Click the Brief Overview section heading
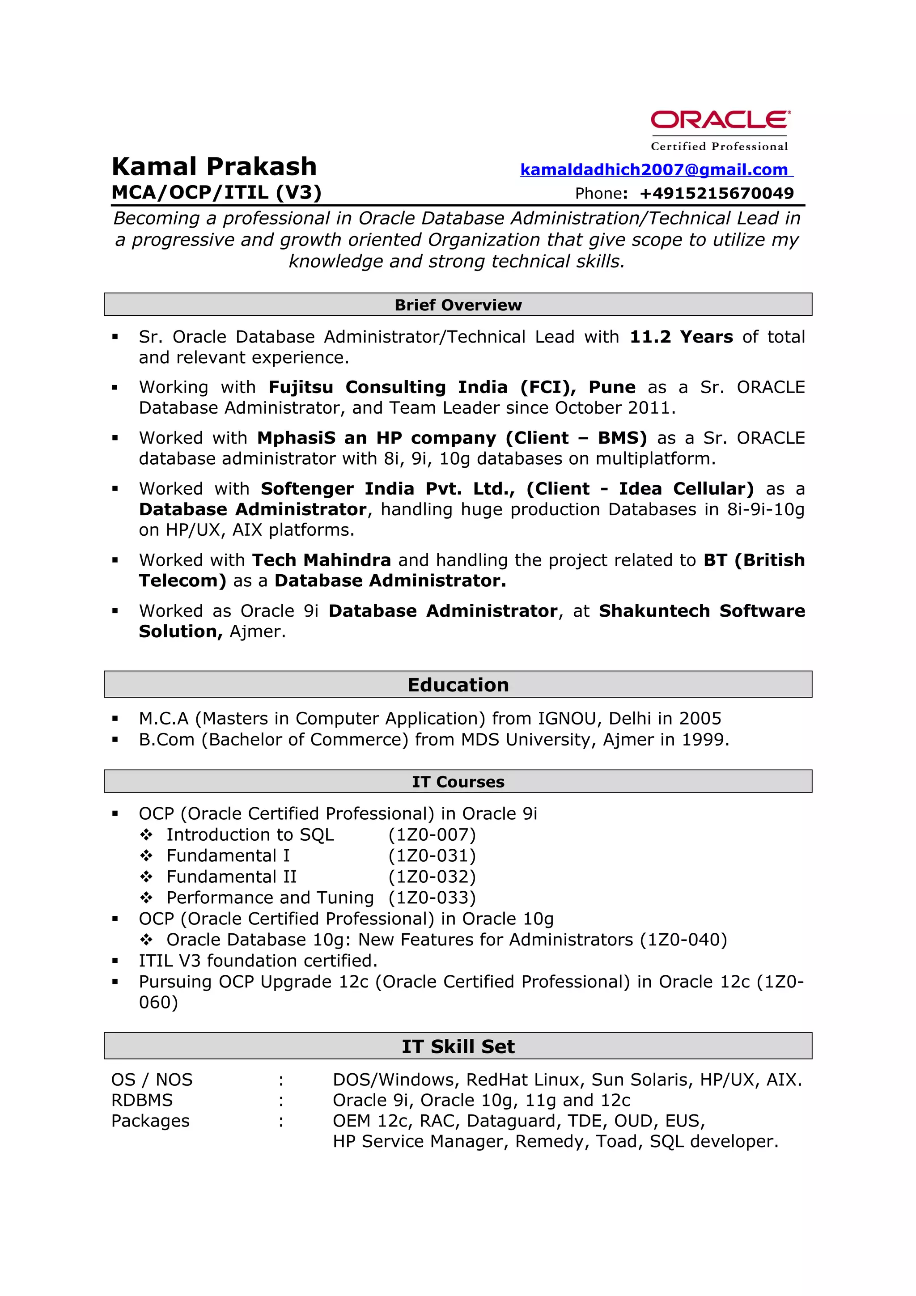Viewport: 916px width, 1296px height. [458, 305]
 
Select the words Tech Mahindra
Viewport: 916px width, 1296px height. [321, 560]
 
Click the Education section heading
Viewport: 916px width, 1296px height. [458, 685]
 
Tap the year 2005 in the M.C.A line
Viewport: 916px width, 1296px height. [700, 719]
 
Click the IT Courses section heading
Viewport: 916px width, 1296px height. [458, 782]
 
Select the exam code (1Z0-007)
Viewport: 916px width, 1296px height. [432, 835]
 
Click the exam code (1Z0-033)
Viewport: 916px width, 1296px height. [432, 898]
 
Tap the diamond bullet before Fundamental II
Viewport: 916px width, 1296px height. [146, 877]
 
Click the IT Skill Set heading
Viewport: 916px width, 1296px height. [458, 1046]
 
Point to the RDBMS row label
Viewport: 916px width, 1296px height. [142, 1100]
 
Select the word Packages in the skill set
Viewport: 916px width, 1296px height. [150, 1120]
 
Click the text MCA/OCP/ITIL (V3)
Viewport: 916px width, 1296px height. [216, 192]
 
